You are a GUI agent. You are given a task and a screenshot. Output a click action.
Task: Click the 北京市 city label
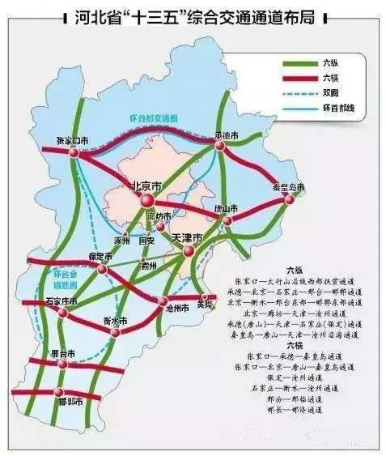[x=146, y=185]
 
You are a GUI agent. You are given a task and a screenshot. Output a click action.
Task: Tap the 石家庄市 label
[x=62, y=301]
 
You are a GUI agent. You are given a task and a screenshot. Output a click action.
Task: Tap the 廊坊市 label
[x=160, y=216]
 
